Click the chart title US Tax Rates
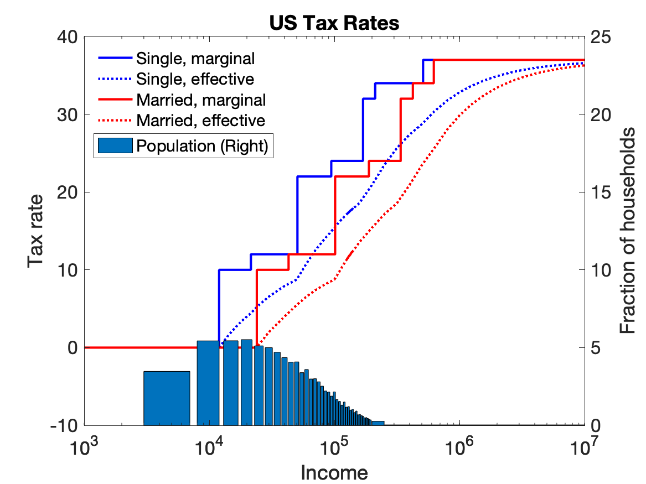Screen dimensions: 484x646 tap(334, 23)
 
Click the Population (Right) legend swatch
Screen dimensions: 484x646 tap(115, 145)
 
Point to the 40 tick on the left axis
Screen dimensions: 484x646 tap(69, 37)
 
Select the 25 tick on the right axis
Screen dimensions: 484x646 tap(600, 37)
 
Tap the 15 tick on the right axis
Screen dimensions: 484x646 tap(600, 192)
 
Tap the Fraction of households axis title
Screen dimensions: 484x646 tap(627, 231)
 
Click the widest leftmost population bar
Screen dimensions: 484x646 tap(167, 398)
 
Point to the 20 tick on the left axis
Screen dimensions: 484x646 tap(69, 192)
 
